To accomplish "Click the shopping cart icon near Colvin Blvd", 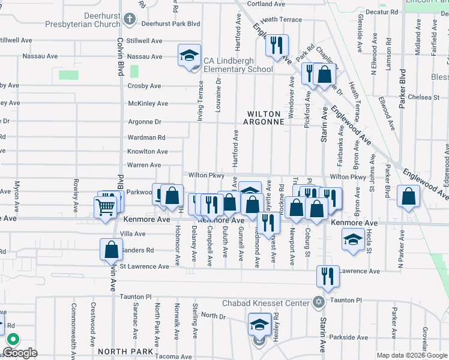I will point(106,208).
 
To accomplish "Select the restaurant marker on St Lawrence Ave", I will point(328,276).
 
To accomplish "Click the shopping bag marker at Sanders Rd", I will point(112,249).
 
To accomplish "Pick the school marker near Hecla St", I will point(352,240).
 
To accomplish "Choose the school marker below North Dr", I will point(259,326).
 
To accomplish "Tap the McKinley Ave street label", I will point(148,103).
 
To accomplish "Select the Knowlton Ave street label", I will point(146,152).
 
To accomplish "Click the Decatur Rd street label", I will point(382,11).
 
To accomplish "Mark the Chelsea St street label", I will point(424,97).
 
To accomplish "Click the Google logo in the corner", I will point(20,353).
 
